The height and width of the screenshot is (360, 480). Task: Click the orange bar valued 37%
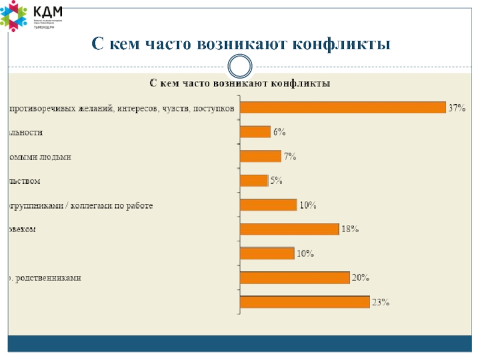click(342, 107)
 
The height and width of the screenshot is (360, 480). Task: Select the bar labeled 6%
click(255, 132)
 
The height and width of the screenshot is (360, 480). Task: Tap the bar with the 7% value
click(260, 156)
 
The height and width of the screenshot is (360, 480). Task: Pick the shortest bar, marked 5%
click(253, 181)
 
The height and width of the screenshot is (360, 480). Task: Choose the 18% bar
click(289, 229)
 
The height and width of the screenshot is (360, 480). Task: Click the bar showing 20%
click(294, 277)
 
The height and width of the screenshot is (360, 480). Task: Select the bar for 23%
click(304, 302)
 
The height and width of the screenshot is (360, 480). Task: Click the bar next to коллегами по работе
click(268, 205)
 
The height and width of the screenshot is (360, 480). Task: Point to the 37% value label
click(457, 107)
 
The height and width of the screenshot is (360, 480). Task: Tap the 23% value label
click(381, 302)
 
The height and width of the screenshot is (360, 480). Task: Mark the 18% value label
click(350, 229)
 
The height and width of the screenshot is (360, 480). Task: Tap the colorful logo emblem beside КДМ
click(14, 16)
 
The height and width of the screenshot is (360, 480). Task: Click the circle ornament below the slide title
click(240, 65)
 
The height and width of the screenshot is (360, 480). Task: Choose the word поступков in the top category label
click(215, 108)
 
